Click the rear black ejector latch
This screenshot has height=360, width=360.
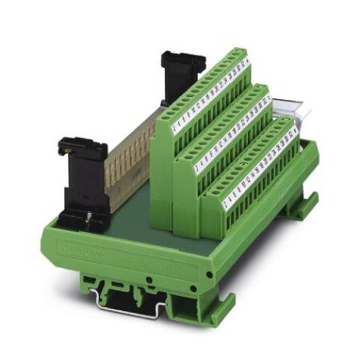pyautogui.click(x=177, y=81)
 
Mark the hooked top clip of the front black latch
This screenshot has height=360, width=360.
pyautogui.click(x=72, y=145)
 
